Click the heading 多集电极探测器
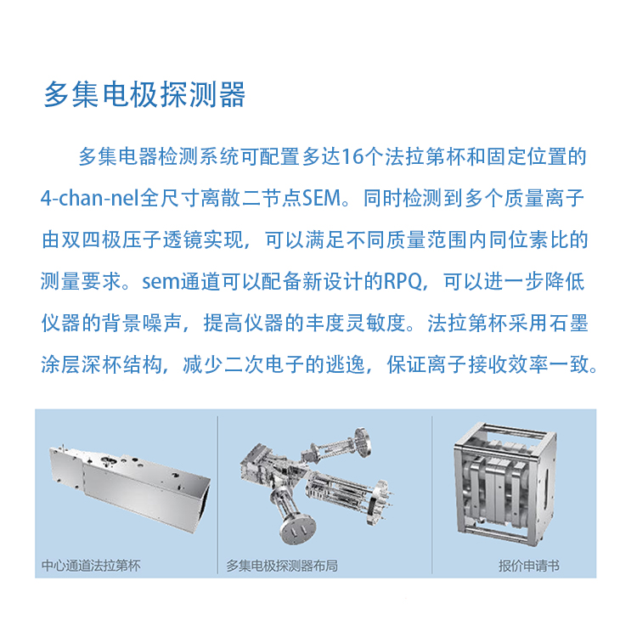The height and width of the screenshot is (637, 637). coord(144,94)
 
